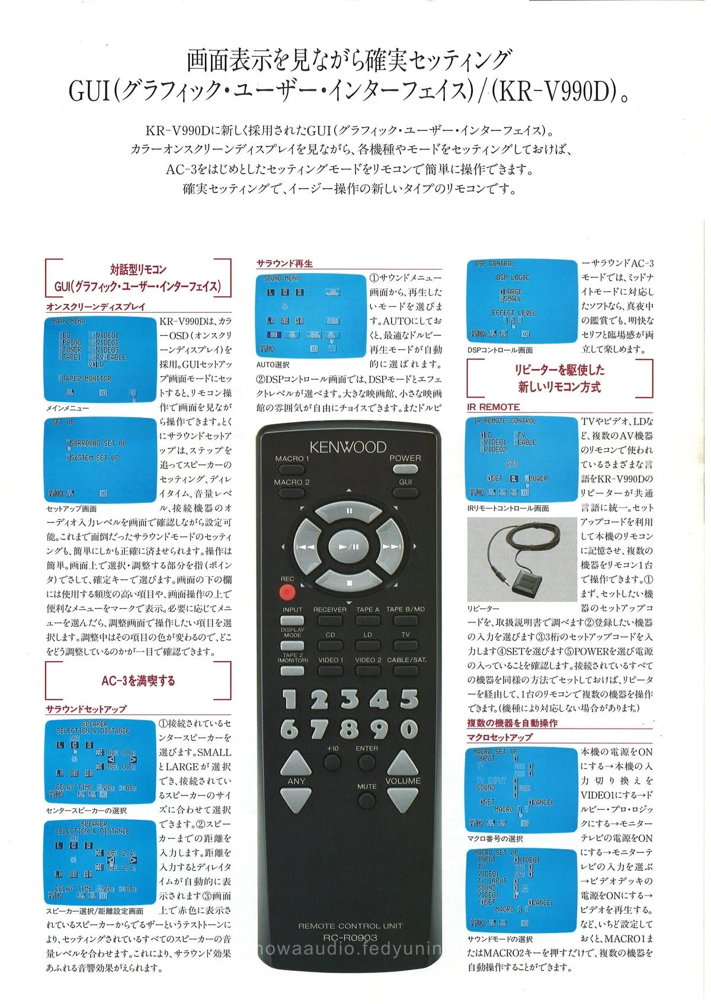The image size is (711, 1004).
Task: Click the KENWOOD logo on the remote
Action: [x=347, y=447]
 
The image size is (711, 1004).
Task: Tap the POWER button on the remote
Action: [x=405, y=469]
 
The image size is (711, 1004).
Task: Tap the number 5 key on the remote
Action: [x=409, y=699]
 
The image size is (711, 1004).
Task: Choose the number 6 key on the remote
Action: [x=289, y=729]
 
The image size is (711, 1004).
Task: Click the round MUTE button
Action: [x=367, y=800]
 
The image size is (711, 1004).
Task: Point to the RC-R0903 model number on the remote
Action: [x=350, y=938]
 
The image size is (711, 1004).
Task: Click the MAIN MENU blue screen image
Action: [x=100, y=360]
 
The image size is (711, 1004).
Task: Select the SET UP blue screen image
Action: [x=100, y=460]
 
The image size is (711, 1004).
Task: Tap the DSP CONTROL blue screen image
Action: [x=521, y=301]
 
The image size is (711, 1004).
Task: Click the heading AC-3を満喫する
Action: [x=138, y=681]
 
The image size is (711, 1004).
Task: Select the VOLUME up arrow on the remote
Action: [x=403, y=762]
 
